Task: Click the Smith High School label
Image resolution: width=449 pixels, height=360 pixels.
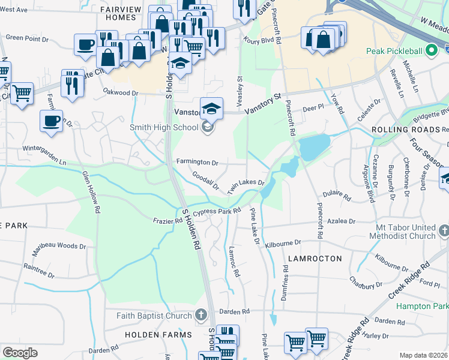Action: point(164,127)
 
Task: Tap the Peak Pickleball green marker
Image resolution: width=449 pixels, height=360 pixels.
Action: point(430,52)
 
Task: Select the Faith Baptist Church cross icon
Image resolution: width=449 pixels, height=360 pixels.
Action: point(201,315)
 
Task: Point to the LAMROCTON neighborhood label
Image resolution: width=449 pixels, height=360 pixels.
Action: point(315,259)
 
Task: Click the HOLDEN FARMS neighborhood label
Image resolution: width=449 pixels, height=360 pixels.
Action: point(158,334)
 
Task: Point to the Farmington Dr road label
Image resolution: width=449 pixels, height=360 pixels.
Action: point(197,162)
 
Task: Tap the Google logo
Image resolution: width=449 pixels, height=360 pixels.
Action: point(20,353)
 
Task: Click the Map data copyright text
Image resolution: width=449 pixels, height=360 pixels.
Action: point(423,355)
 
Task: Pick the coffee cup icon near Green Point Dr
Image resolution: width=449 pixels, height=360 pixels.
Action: point(85,44)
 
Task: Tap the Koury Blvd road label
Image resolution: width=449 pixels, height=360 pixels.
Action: point(259,41)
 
